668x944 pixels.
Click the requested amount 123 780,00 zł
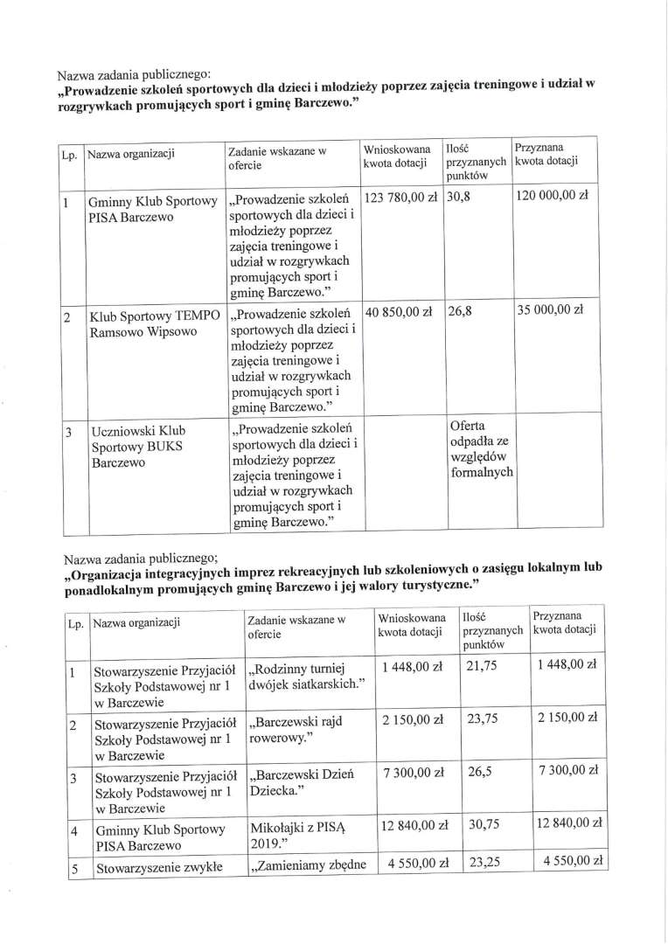[x=402, y=198]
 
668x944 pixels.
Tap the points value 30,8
[x=459, y=198]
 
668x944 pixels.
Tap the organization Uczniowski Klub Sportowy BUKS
[x=138, y=446]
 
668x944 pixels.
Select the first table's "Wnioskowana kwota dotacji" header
[x=398, y=157]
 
